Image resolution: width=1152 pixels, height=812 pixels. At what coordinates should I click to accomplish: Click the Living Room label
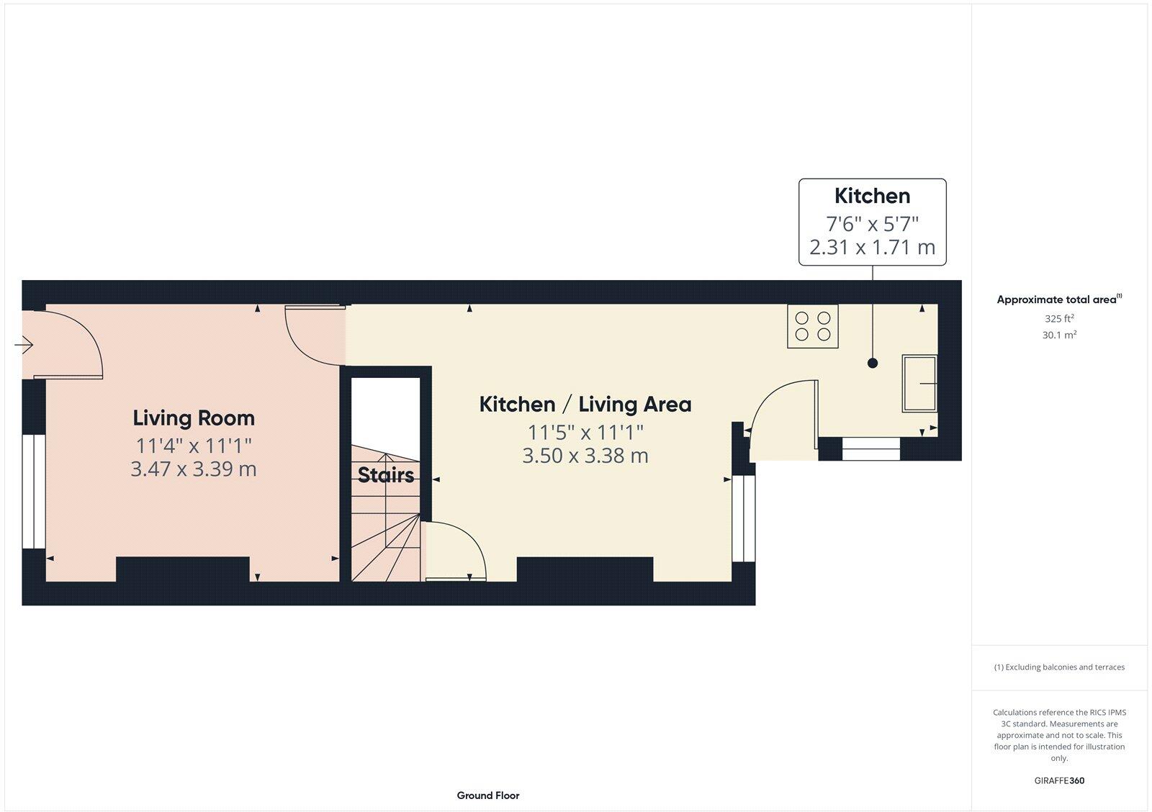tap(194, 418)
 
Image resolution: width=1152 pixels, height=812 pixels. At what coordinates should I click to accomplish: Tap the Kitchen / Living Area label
tap(585, 405)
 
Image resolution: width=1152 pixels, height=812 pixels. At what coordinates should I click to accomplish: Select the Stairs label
tap(386, 475)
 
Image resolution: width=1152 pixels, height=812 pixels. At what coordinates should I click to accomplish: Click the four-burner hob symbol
tap(813, 326)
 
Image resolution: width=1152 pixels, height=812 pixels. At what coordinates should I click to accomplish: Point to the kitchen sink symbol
tap(919, 384)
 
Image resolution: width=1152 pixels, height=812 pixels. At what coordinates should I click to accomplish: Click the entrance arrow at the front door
tap(24, 346)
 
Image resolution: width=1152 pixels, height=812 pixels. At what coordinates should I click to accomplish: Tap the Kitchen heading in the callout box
tap(872, 196)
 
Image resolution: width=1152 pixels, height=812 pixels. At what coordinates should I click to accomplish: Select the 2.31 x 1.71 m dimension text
tap(872, 248)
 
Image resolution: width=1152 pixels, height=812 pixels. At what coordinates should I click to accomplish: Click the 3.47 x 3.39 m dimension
tap(194, 469)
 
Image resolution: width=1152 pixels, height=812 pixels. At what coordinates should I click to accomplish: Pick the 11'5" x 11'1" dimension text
tap(585, 433)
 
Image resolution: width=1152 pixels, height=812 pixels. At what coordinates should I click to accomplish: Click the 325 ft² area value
tap(1059, 318)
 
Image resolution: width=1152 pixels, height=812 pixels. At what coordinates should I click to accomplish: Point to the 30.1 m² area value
tap(1059, 335)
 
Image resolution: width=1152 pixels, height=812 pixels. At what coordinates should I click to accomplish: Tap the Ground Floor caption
tap(487, 795)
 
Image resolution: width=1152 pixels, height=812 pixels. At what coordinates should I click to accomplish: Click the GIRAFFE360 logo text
tap(1059, 780)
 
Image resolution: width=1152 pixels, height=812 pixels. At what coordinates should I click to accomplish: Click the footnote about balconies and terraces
tap(1059, 667)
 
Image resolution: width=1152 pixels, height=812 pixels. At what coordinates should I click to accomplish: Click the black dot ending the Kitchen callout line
tap(873, 364)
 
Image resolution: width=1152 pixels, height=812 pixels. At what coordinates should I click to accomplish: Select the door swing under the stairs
tap(456, 551)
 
